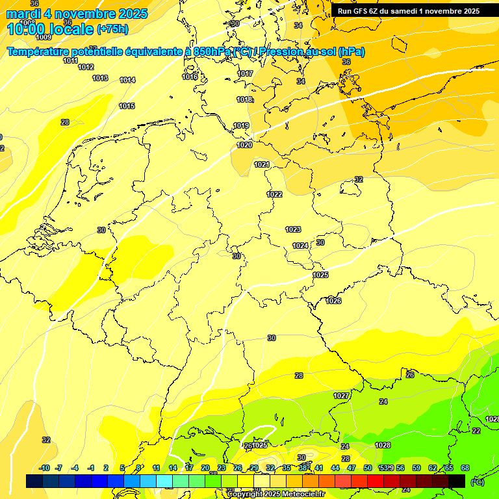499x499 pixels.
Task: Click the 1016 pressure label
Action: tap(190, 77)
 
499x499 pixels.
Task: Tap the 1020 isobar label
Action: tap(244, 145)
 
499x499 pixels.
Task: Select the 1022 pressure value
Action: tap(274, 194)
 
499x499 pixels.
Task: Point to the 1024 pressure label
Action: tap(300, 246)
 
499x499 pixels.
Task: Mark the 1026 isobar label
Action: tap(333, 301)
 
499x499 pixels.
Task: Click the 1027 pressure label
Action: tap(341, 396)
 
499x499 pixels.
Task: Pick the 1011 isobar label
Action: tap(71, 60)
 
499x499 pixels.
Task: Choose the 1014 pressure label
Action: tap(127, 80)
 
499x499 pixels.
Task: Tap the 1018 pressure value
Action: tap(244, 99)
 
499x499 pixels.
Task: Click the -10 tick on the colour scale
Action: tap(45, 468)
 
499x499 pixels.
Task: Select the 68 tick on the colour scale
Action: tap(465, 468)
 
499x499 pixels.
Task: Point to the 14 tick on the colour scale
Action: tap(173, 468)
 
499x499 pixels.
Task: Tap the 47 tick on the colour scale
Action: tap(352, 468)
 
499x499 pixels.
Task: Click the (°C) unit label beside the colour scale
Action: tap(478, 481)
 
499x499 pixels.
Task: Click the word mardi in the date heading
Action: tap(24, 14)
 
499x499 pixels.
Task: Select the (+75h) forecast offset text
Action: tap(112, 29)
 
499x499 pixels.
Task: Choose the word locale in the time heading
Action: tap(69, 29)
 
